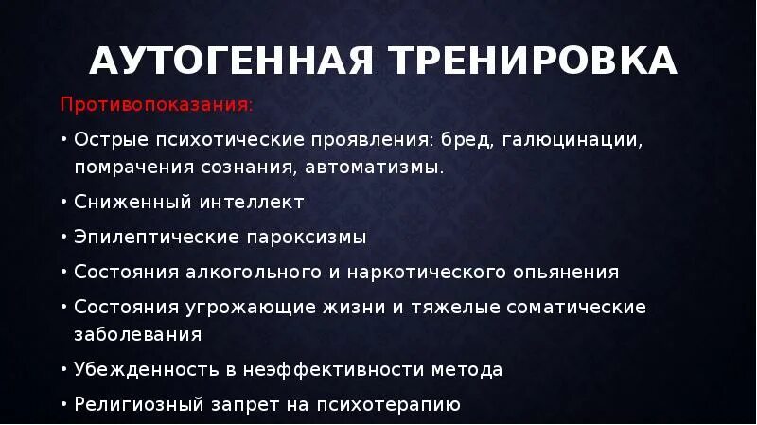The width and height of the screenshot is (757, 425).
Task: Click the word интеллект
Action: [251, 203]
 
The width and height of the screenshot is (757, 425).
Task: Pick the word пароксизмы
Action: [308, 237]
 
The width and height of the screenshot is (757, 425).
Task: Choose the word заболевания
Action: [137, 335]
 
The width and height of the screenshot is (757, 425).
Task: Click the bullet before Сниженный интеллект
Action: [62, 203]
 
